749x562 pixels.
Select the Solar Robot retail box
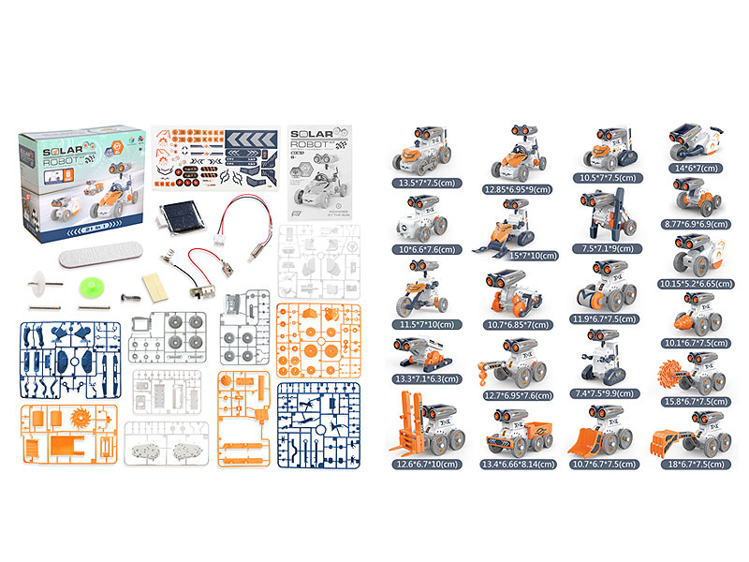pos(81,181)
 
